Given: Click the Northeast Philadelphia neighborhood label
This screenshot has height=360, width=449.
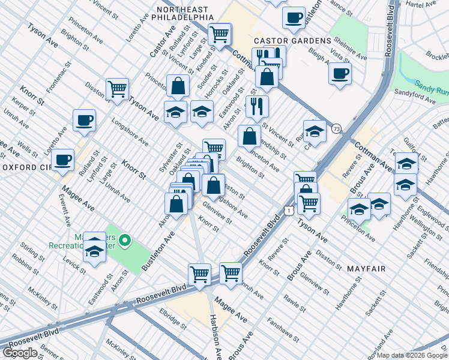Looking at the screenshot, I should click(182, 14).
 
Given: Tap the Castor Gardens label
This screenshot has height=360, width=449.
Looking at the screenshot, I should click(292, 40).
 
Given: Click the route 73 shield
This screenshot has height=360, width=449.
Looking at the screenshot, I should click(337, 128).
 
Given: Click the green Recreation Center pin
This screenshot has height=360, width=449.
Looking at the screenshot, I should click(125, 242).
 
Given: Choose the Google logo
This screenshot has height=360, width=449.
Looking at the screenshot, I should click(20, 353).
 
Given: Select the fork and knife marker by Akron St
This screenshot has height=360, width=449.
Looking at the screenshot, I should click(257, 106).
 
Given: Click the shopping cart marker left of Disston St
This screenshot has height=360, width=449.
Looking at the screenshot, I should click(117, 89).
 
